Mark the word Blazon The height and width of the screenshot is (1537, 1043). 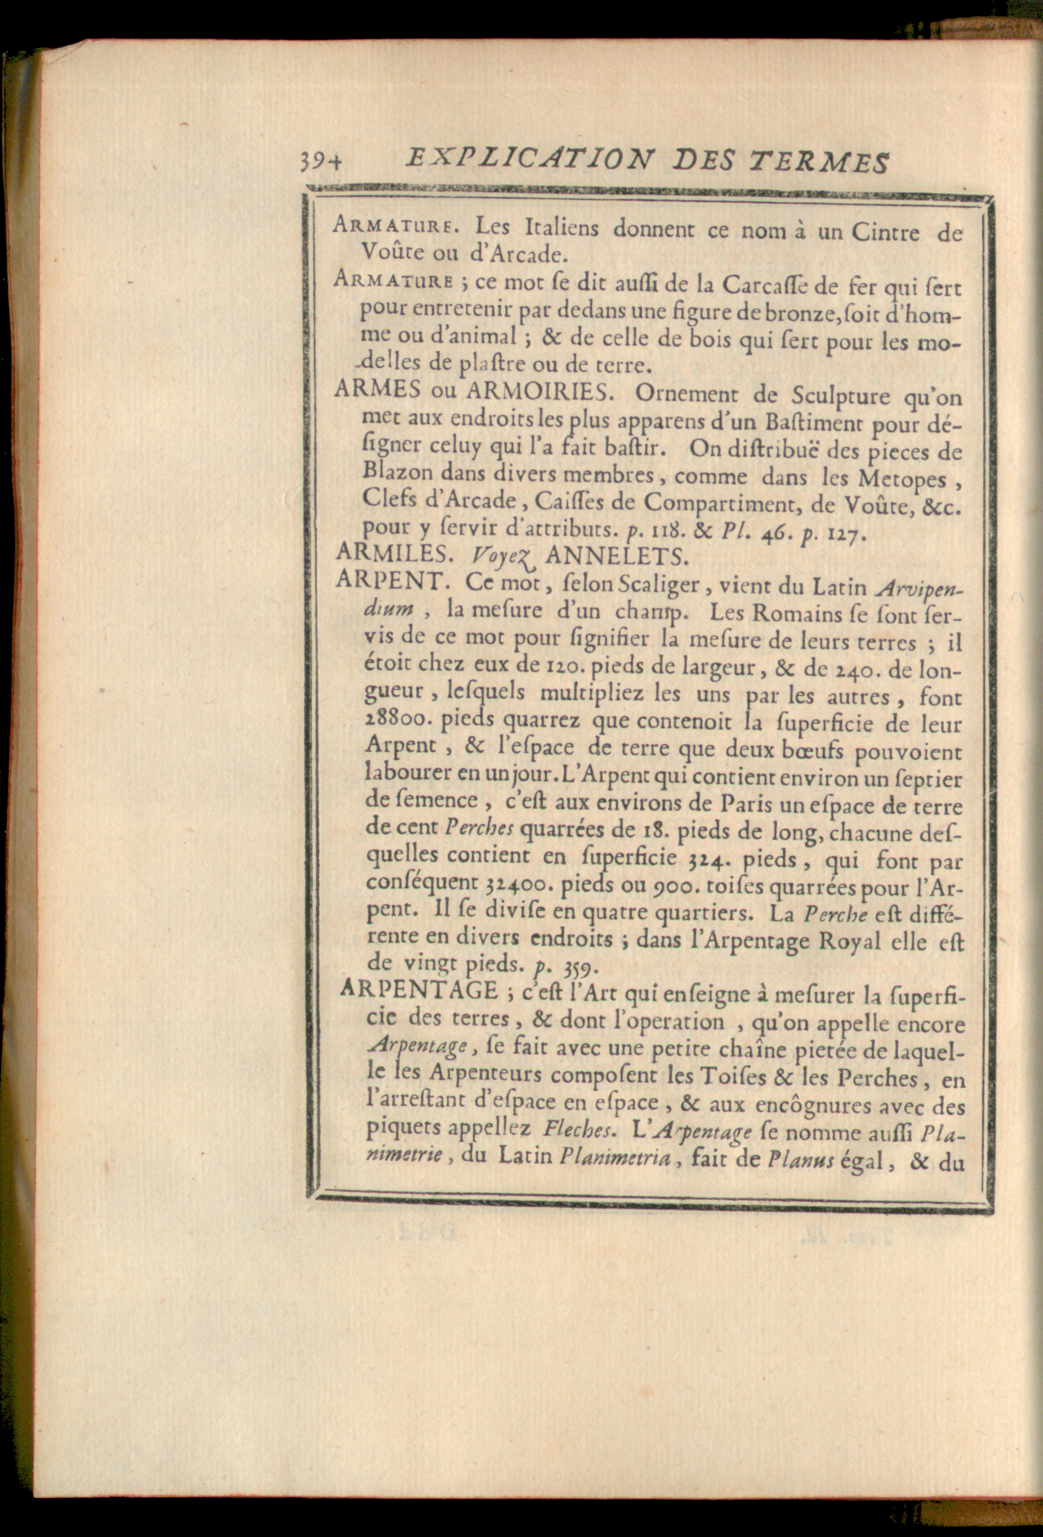[398, 473]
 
